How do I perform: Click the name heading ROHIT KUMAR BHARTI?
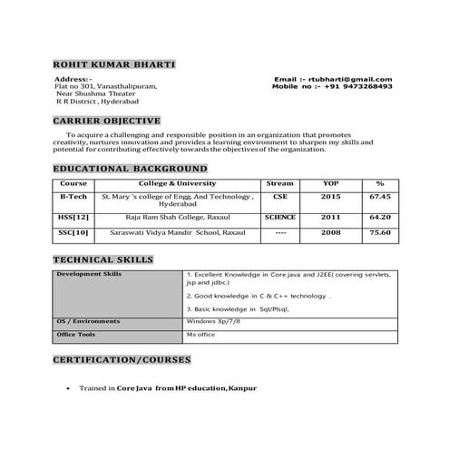click(x=113, y=65)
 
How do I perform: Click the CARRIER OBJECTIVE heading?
click(x=107, y=121)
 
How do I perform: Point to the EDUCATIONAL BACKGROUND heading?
click(x=130, y=169)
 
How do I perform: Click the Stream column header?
click(x=280, y=183)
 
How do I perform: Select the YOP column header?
click(x=330, y=183)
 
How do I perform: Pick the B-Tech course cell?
click(x=73, y=196)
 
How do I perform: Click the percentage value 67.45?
click(x=380, y=196)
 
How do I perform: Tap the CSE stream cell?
click(x=280, y=196)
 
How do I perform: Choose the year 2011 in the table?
click(x=330, y=218)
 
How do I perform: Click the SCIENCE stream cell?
click(x=280, y=218)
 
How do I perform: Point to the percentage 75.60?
click(x=380, y=233)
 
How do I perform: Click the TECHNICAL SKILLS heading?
click(x=102, y=260)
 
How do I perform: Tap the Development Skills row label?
click(x=89, y=273)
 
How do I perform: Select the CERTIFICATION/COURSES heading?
click(x=122, y=360)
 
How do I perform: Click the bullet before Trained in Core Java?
click(x=70, y=388)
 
